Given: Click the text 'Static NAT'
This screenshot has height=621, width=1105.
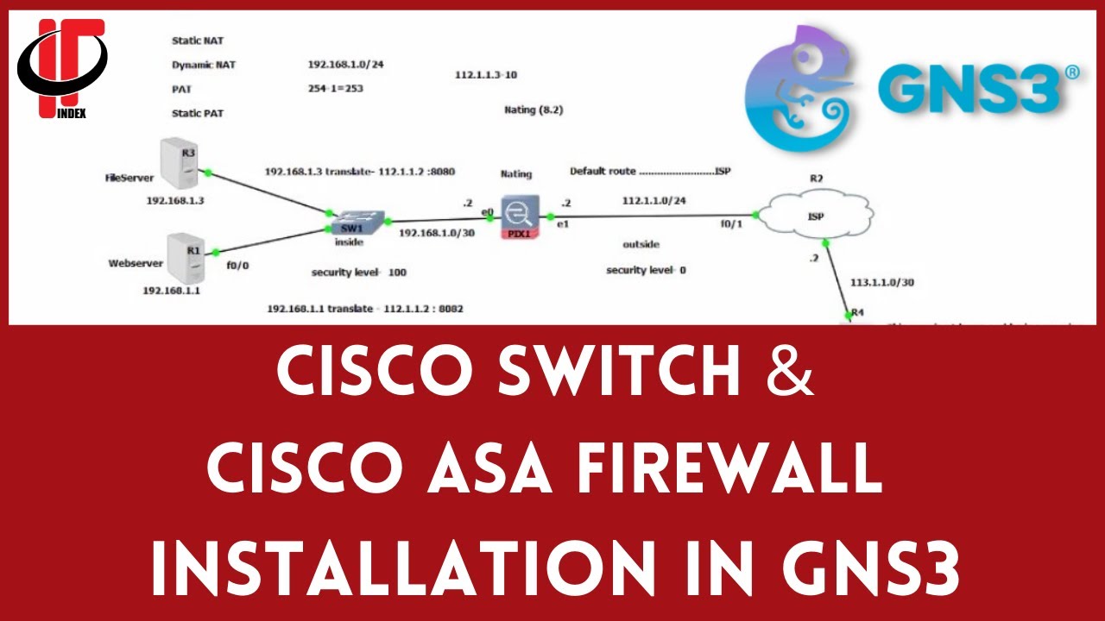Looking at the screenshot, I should (x=198, y=41).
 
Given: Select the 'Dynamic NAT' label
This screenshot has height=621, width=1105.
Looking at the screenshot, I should (x=204, y=65).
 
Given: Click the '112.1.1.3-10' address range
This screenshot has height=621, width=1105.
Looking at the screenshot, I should (x=486, y=75).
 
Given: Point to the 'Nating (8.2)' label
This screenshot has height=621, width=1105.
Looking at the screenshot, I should (x=534, y=110).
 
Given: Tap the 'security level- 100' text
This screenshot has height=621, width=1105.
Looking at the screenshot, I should (x=358, y=273).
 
